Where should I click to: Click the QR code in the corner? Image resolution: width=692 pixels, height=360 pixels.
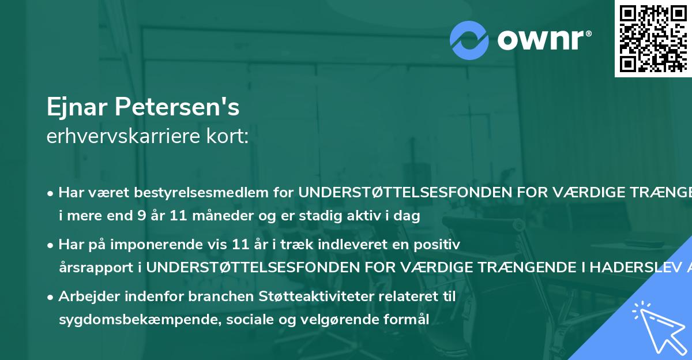653,38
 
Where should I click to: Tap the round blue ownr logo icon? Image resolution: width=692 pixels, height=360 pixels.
469,40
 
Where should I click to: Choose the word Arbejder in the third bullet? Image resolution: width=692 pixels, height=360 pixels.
88,297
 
